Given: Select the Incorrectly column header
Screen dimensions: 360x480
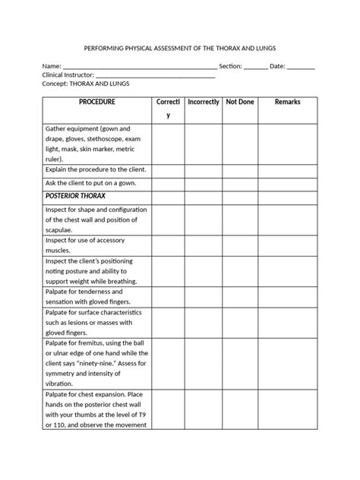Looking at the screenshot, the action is point(203,102).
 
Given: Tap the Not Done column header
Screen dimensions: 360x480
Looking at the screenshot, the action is point(240,102).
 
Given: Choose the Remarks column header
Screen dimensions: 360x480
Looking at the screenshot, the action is point(287,102).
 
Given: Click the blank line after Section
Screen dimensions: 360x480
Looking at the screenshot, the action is point(256,67).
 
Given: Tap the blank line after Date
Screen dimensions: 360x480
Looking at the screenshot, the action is point(302,67).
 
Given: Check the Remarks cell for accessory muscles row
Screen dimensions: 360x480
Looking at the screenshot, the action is point(287,245).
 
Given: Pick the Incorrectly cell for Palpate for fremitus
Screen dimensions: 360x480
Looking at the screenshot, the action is point(203,362).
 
